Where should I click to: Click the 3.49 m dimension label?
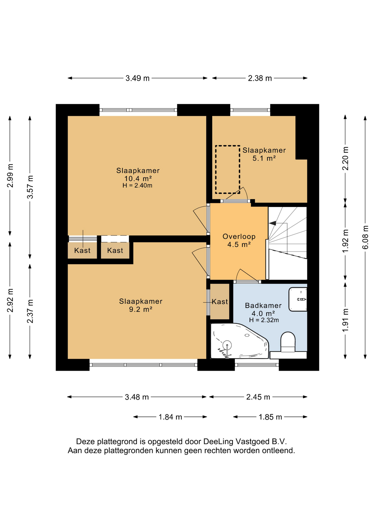[138, 78]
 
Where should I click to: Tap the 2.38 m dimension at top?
[260, 78]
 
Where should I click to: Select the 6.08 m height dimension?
[365, 237]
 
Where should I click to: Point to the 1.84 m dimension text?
[170, 417]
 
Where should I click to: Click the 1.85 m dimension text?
[270, 417]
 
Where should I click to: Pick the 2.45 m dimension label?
[258, 397]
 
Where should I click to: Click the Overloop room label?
[239, 237]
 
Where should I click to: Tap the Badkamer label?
[263, 306]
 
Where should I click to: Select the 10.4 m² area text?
[138, 179]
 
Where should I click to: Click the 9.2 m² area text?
[141, 309]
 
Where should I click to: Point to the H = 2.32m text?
[264, 320]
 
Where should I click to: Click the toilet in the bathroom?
[288, 342]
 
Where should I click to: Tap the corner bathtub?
[239, 341]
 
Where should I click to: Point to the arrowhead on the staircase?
[272, 223]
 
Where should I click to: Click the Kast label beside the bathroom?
[220, 302]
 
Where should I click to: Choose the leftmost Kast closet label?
[82, 251]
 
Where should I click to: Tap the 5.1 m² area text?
[264, 158]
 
